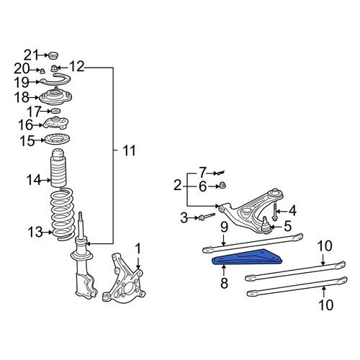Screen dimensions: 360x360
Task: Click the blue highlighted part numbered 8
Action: [x=247, y=258]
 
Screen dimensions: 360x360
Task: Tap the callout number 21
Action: [x=31, y=55]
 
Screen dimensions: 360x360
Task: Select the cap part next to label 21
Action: [x=53, y=55]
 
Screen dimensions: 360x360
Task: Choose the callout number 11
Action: [x=129, y=150]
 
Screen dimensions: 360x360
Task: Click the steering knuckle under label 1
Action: [x=124, y=279]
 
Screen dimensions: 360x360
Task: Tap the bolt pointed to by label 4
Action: [x=274, y=211]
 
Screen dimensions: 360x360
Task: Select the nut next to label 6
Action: [x=222, y=185]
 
